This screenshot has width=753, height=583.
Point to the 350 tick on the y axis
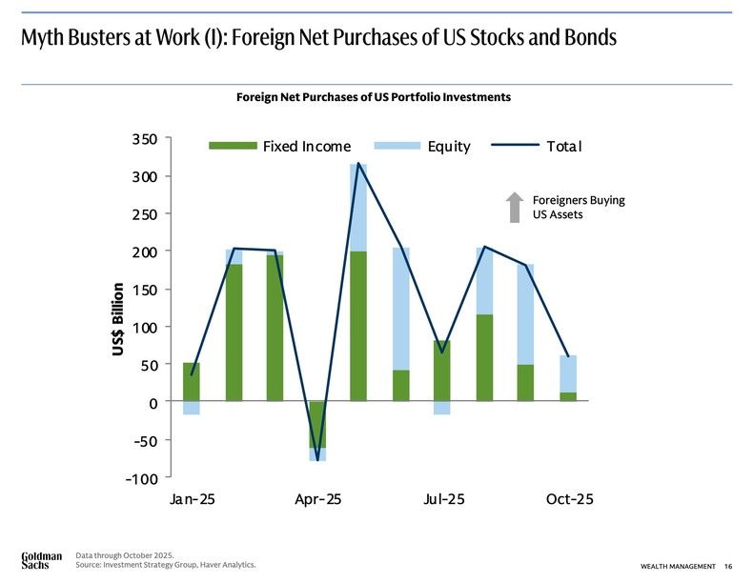[145, 139]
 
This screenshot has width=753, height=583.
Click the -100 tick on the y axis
[142, 477]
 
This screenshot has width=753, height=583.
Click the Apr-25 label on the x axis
[317, 501]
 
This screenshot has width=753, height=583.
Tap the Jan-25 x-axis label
[193, 501]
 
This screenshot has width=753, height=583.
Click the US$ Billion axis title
[117, 319]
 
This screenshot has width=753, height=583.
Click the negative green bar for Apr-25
[316, 424]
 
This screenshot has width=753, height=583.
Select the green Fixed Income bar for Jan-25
[192, 382]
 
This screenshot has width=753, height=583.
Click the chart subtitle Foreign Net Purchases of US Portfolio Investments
[374, 97]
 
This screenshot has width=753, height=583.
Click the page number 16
[727, 568]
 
